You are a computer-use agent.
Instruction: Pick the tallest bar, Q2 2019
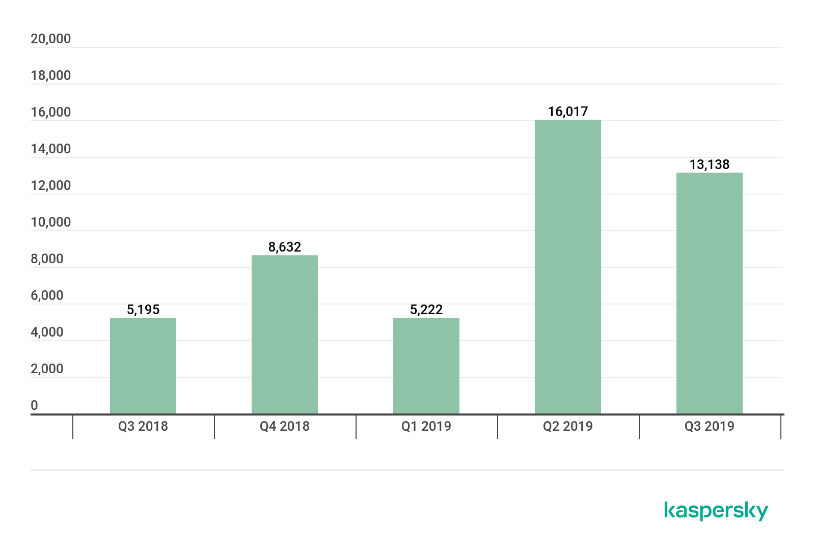(568, 267)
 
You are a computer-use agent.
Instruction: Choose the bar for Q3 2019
(710, 293)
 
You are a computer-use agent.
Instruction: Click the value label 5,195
(143, 310)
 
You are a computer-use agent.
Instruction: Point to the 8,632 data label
(285, 247)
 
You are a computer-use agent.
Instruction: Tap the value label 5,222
(426, 310)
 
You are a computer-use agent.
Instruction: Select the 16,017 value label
(568, 112)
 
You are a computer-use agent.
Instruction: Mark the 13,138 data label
(710, 164)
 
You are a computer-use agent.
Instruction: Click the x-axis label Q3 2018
(143, 426)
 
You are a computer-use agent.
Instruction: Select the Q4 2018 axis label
(285, 426)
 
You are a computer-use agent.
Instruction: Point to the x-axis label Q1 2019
(426, 426)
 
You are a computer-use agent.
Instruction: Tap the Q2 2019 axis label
(568, 426)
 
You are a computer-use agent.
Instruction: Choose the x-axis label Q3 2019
(710, 426)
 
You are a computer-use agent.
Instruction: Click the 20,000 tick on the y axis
(51, 39)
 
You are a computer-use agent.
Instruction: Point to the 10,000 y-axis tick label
(51, 222)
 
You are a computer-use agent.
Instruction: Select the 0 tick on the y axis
(34, 405)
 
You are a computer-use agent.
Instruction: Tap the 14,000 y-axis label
(51, 149)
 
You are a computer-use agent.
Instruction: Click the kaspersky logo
(716, 511)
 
